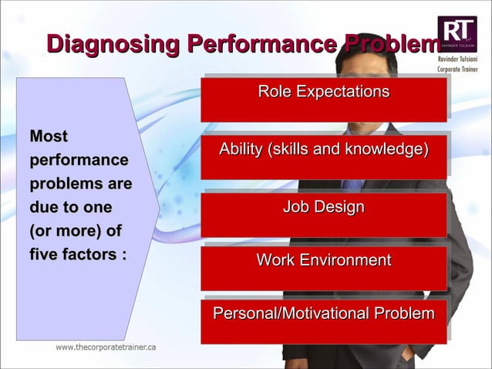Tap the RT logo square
coord(457,33)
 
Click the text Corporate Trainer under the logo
coord(457,69)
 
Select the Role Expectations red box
coord(323,98)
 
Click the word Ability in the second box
coord(241,149)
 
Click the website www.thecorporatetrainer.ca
coord(106,347)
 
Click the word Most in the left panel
coord(49,137)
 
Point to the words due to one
coord(70,207)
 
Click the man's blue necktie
coord(352,184)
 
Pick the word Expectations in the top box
coord(344,93)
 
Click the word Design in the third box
coord(343,207)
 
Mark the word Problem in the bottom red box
coord(404,313)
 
